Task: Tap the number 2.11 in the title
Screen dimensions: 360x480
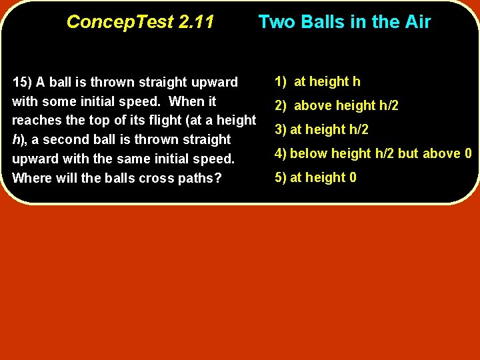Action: coord(195,22)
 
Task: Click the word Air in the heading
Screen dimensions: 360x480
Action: coord(416,22)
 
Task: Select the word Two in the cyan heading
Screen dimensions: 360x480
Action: coord(276,22)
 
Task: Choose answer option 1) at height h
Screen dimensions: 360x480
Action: coord(317,81)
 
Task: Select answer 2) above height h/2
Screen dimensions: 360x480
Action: coord(337,105)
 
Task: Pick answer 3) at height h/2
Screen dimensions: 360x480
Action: coord(322,129)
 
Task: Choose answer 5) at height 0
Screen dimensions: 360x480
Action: coord(316,177)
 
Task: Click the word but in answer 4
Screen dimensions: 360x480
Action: coord(407,153)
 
